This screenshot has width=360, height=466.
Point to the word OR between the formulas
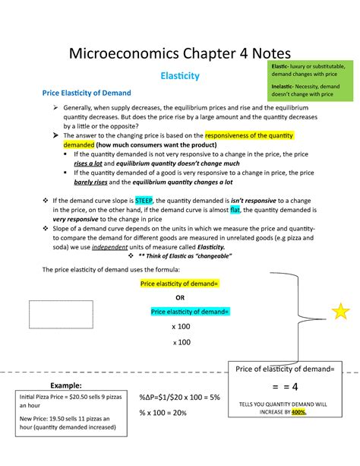pyautogui.click(x=179, y=297)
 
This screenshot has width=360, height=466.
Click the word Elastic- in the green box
pyautogui.click(x=282, y=68)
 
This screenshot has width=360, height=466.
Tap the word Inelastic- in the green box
pyautogui.click(x=284, y=87)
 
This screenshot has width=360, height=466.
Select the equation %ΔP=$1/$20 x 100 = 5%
pyautogui.click(x=179, y=398)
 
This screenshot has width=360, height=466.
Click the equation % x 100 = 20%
pyautogui.click(x=164, y=412)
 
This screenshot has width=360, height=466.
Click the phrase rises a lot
pyautogui.click(x=91, y=163)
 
